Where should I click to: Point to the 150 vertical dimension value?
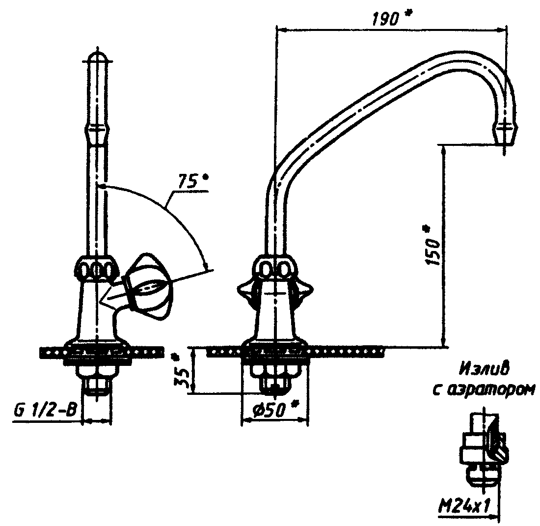tap(433, 252)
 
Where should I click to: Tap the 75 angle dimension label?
tap(187, 182)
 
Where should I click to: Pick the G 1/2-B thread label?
tap(44, 411)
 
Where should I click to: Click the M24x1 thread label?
tap(464, 506)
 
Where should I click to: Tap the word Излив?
tap(484, 370)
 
